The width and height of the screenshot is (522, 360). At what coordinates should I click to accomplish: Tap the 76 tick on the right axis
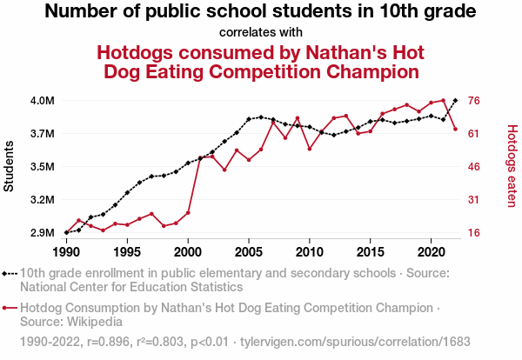click(x=475, y=101)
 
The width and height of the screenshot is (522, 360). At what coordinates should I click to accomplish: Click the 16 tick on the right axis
click(x=475, y=233)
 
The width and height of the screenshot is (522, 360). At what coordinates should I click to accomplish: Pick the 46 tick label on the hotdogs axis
click(x=475, y=167)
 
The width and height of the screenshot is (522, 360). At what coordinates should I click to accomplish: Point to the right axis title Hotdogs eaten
click(x=512, y=166)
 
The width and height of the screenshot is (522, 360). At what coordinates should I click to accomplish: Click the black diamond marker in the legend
click(x=7, y=273)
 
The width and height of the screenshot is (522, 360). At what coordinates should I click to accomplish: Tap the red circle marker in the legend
click(x=7, y=308)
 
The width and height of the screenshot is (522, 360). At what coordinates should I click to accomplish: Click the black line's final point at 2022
click(x=456, y=101)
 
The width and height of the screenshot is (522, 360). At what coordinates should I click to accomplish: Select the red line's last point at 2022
click(x=456, y=129)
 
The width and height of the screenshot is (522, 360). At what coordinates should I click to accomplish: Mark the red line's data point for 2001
click(x=200, y=158)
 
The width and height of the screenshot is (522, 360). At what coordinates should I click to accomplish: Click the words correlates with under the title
click(x=260, y=32)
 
